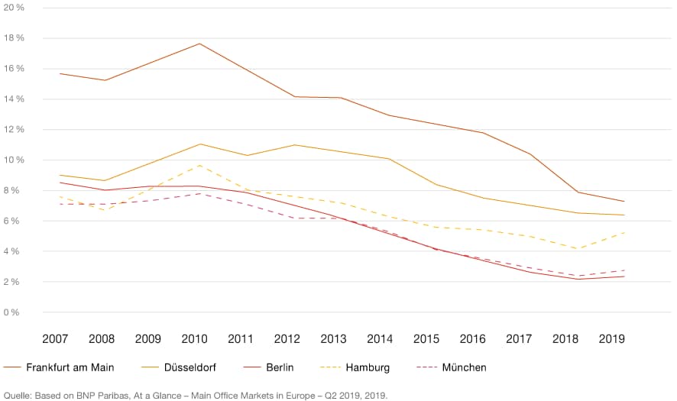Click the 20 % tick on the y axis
(14, 8)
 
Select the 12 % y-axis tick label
(14, 130)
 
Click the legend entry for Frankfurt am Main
(70, 367)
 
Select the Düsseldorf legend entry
(189, 367)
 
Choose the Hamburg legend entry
(368, 367)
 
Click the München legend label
(464, 367)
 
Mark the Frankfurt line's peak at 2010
(199, 44)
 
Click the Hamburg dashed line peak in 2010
(199, 166)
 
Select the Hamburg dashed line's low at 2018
(578, 248)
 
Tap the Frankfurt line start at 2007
(60, 73)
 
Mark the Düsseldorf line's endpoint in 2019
(624, 215)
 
